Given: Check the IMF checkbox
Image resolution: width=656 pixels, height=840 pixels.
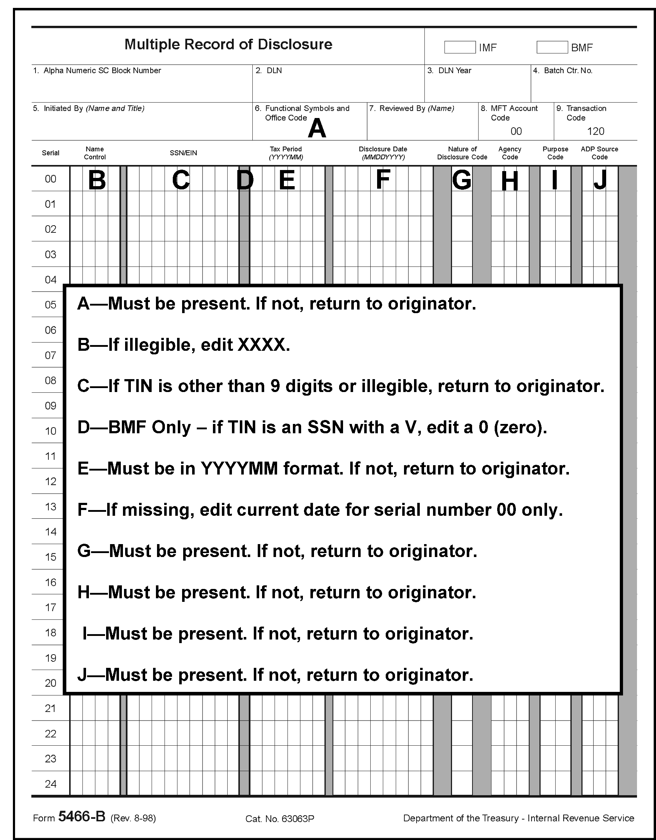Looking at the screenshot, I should (460, 47).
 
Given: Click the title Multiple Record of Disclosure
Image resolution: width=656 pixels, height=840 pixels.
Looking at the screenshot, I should (228, 44).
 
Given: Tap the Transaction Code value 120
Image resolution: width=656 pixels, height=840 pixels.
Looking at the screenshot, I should (595, 132).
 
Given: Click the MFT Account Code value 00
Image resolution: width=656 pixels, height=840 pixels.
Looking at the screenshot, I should (516, 132).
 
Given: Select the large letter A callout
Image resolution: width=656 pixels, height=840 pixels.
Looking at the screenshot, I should (317, 128).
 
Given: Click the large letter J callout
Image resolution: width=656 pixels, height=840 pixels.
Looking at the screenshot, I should (600, 180).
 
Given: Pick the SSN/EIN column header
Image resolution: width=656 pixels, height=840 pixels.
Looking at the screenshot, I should (183, 153).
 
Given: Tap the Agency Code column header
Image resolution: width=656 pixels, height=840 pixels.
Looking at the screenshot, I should (510, 153).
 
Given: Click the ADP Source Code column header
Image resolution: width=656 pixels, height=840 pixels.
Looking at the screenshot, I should (599, 153).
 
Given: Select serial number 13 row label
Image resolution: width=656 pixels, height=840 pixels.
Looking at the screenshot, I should (50, 507).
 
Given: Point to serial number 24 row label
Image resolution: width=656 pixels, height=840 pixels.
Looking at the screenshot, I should (50, 784).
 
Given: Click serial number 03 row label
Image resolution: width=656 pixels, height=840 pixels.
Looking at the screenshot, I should (50, 255).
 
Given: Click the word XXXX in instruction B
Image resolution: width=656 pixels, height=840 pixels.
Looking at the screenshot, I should (262, 345).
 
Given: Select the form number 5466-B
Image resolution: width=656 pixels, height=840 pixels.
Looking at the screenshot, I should (81, 816).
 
